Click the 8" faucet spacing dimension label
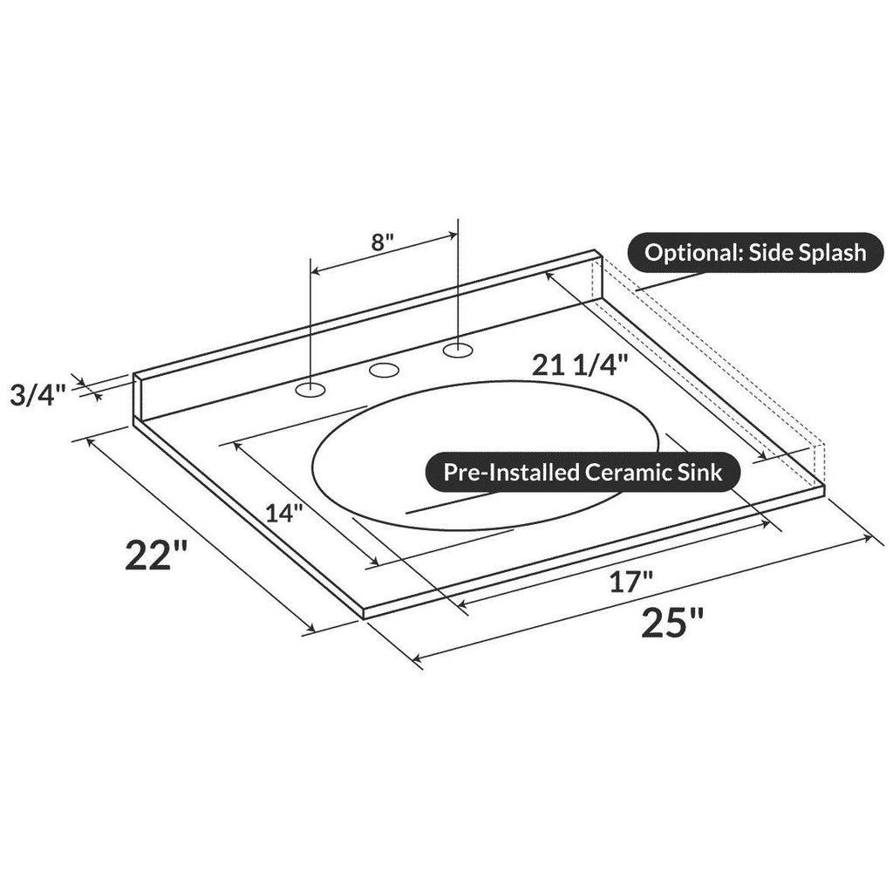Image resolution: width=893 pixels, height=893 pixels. (x=383, y=242)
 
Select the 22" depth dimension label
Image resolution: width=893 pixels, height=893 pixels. (x=156, y=556)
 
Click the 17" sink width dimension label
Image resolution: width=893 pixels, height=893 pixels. (x=631, y=582)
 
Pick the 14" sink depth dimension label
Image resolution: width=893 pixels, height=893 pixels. (x=284, y=513)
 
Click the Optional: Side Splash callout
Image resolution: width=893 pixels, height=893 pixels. (x=755, y=252)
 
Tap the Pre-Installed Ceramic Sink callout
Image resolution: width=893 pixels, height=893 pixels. (x=583, y=472)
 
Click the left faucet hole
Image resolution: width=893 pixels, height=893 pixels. (x=310, y=390)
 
